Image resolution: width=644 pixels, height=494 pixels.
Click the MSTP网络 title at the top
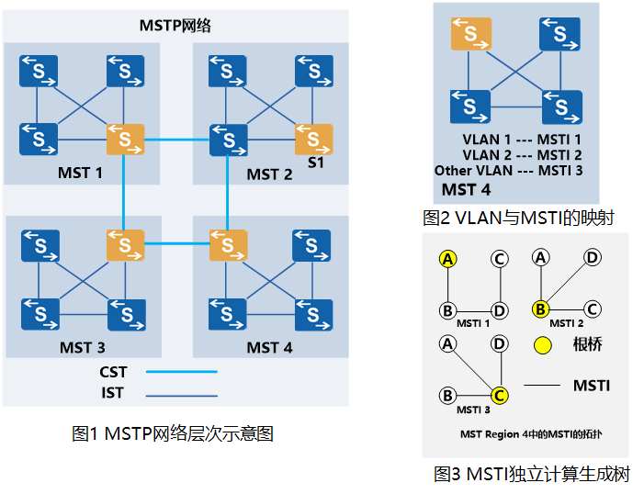click(x=175, y=25)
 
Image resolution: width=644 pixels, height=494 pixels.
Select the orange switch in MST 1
click(x=125, y=140)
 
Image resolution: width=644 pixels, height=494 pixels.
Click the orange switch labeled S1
click(x=313, y=140)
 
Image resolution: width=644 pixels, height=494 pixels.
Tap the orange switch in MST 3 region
click(x=125, y=245)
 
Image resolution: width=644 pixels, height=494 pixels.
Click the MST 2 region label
click(x=269, y=174)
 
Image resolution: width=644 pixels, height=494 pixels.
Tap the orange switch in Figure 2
click(x=469, y=35)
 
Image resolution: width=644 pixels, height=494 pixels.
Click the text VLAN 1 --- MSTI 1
click(x=522, y=140)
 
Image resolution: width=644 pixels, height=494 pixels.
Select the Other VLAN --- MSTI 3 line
click(x=508, y=171)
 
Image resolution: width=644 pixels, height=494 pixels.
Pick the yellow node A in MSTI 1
click(x=448, y=259)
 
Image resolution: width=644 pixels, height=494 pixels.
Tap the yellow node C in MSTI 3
click(x=499, y=396)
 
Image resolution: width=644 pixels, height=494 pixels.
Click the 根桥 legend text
click(x=588, y=345)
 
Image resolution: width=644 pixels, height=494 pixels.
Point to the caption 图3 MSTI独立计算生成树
click(x=531, y=474)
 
